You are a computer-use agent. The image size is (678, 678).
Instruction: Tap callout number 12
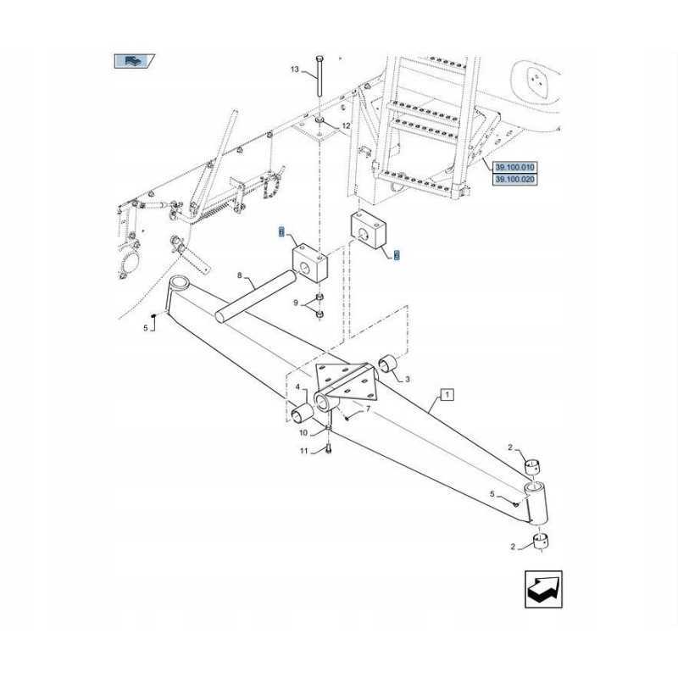pyautogui.click(x=346, y=125)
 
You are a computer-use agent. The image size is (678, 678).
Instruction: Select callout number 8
pyautogui.click(x=240, y=275)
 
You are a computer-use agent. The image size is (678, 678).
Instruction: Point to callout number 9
pyautogui.click(x=296, y=303)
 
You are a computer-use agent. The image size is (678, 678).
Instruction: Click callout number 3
pyautogui.click(x=407, y=378)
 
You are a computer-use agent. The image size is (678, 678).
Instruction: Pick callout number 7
pyautogui.click(x=367, y=410)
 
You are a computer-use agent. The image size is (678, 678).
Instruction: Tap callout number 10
pyautogui.click(x=303, y=433)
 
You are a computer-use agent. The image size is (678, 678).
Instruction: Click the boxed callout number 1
pyautogui.click(x=447, y=394)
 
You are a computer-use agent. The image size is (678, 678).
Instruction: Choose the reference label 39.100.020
pyautogui.click(x=515, y=180)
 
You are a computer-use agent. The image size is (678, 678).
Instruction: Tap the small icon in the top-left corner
pyautogui.click(x=134, y=60)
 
